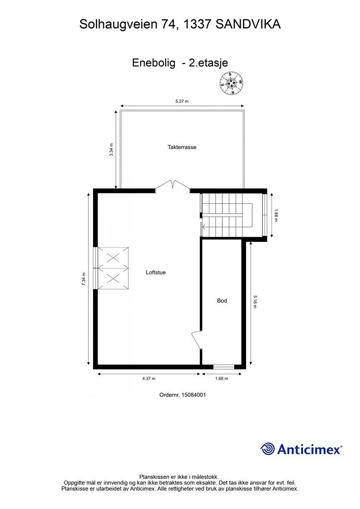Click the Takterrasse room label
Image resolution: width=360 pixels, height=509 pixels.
(182, 147)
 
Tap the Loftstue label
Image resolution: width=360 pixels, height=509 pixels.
(156, 272)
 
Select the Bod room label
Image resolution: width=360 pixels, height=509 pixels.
(222, 301)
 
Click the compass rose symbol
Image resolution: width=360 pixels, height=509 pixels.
(232, 83)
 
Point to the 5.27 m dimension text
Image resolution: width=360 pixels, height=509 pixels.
(182, 101)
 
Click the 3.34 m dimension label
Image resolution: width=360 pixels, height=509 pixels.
(111, 150)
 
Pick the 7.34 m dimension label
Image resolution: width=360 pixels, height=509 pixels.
(84, 279)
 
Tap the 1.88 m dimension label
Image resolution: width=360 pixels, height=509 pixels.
(276, 215)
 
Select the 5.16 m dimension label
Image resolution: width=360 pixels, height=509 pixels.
(255, 302)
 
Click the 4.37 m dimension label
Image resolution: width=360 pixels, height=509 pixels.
(149, 378)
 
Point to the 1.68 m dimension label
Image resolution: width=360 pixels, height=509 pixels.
(221, 378)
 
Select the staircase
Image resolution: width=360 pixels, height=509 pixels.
(227, 215)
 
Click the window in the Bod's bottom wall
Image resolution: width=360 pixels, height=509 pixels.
(224, 367)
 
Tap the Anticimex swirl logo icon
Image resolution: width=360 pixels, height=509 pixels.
(267, 449)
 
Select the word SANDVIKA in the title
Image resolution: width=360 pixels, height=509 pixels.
(248, 24)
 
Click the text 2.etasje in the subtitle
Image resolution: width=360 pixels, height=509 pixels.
(209, 63)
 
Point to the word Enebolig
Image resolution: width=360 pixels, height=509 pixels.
(154, 63)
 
